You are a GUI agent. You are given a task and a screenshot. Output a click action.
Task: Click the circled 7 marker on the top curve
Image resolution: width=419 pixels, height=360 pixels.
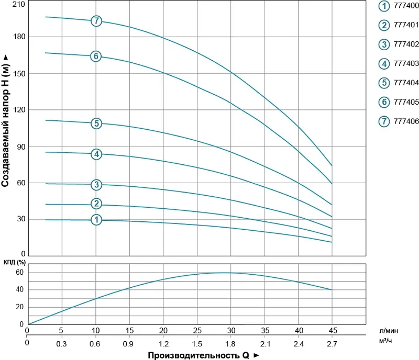coord(96,21)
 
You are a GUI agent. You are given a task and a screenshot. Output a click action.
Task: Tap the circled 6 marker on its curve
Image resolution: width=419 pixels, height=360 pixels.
coord(95,56)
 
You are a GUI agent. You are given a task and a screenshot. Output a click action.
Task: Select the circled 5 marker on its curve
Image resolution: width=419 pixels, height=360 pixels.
coord(96,123)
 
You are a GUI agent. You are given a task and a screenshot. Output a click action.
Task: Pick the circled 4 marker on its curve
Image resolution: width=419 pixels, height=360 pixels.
coord(96,154)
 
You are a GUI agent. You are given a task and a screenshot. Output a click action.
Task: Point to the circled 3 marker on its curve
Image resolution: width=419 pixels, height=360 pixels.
coord(96,184)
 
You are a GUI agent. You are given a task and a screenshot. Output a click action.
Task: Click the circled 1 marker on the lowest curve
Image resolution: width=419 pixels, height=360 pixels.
coord(96,220)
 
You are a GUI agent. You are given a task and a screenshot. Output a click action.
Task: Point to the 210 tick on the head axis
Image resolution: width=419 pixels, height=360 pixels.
coord(18,4)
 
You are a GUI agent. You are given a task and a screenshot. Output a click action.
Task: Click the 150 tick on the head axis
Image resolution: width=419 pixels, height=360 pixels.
coord(18,73)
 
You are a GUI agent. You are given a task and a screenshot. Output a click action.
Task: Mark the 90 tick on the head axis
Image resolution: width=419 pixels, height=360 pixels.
coord(20,147)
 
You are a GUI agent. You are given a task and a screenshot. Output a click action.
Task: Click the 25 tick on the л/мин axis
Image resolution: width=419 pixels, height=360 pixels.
coord(197,330)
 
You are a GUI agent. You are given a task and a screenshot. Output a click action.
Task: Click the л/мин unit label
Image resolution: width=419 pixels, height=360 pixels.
coord(389,331)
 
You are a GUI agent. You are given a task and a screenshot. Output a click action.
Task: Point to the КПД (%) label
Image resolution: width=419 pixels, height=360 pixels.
coord(14,262)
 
